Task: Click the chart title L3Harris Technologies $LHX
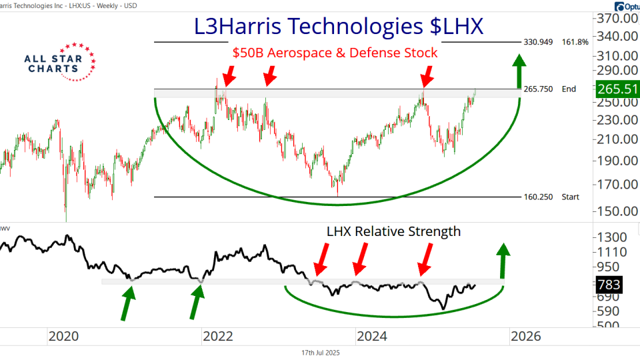[339, 26]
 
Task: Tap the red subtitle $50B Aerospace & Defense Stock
[335, 53]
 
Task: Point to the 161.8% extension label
[575, 42]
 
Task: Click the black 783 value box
[607, 285]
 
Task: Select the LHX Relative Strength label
[393, 231]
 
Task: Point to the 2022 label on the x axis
[219, 337]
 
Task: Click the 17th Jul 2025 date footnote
[320, 353]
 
